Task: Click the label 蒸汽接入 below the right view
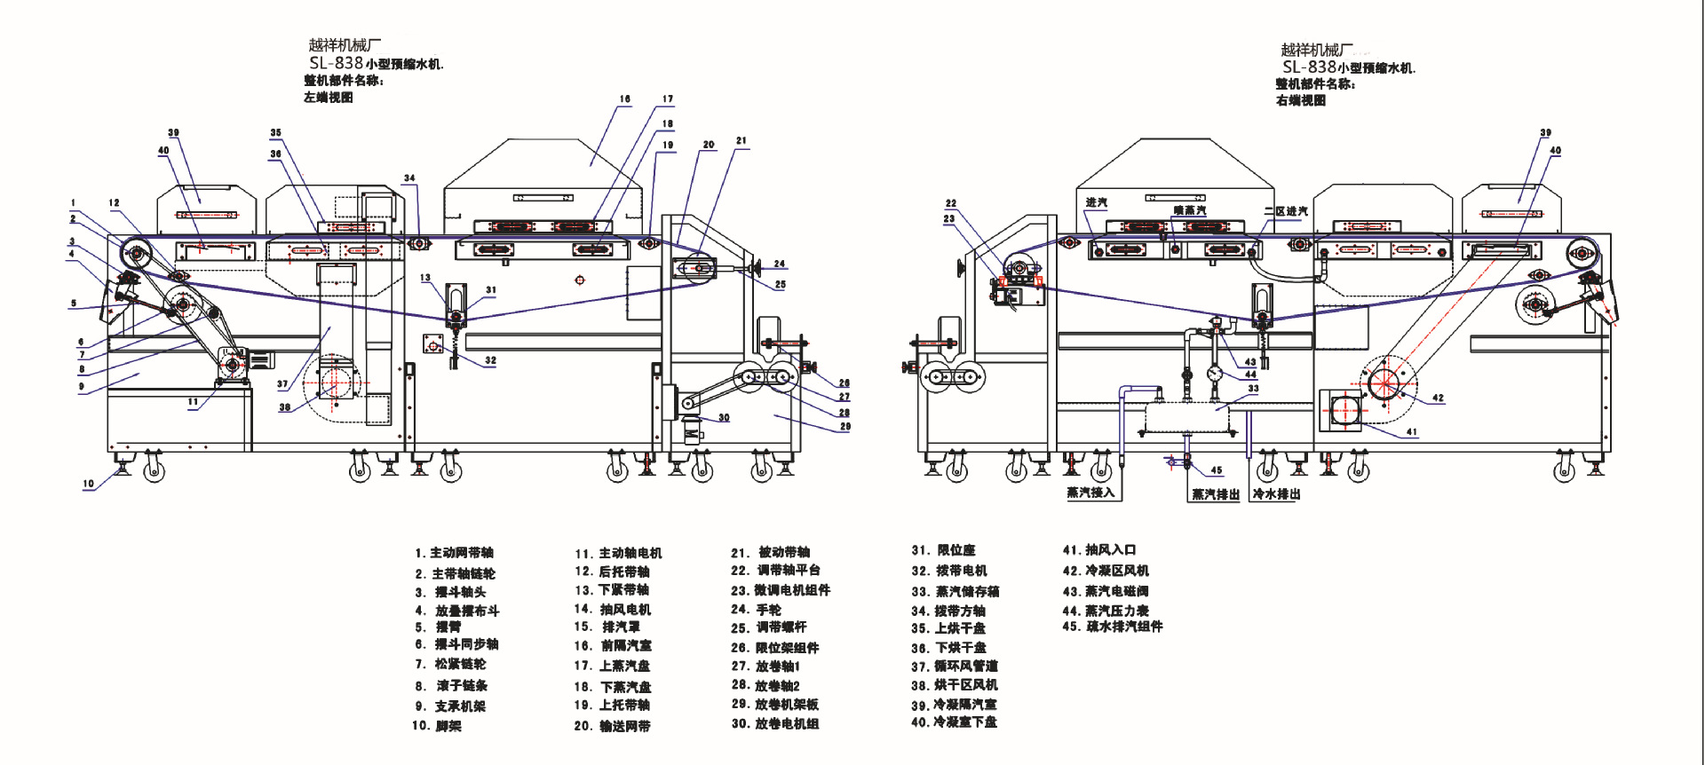[1090, 493]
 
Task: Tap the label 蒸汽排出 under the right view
[1215, 494]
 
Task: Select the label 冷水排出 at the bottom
[1276, 493]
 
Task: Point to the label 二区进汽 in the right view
[1286, 211]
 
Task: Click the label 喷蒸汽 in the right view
[1190, 210]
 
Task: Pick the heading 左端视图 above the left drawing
[329, 98]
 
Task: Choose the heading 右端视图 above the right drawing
[1301, 100]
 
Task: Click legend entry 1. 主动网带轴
[454, 552]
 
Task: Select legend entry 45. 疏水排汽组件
[1113, 627]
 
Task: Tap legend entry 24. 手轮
[756, 610]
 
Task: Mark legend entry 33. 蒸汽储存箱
[956, 591]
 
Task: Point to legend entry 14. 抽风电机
[613, 610]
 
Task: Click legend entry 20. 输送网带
[612, 726]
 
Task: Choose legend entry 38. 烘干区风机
[955, 685]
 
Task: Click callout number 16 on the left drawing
[625, 99]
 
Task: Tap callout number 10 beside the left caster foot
[89, 484]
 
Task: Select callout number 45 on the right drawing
[1217, 470]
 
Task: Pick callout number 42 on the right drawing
[1438, 398]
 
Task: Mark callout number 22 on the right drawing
[951, 203]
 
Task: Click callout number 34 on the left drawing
[409, 178]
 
